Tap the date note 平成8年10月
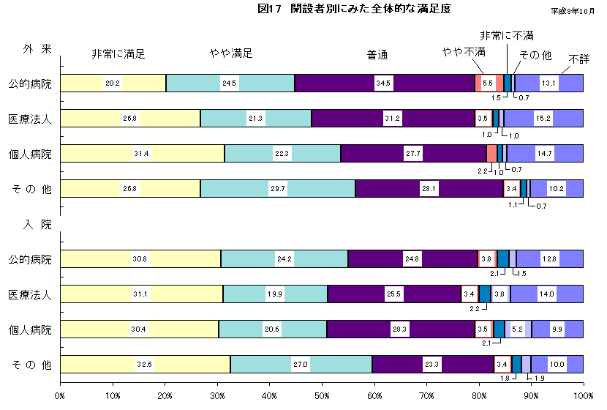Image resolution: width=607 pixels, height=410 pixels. (x=574, y=11)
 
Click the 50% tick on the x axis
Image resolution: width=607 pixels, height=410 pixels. (x=322, y=395)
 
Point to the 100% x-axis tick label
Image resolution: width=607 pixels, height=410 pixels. (x=582, y=395)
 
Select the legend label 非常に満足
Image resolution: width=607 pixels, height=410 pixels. (x=118, y=54)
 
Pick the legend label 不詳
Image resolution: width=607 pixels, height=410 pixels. (x=578, y=59)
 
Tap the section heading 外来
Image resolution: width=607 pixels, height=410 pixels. (x=37, y=49)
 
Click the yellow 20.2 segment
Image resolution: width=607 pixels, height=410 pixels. (x=113, y=83)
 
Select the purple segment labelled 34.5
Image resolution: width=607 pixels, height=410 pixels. (x=383, y=83)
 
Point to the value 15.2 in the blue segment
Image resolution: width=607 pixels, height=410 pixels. (x=543, y=119)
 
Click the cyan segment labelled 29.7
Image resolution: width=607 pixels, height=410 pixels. (x=278, y=189)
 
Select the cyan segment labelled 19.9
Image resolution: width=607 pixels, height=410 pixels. (x=275, y=294)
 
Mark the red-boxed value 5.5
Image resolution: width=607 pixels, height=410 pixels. (x=488, y=83)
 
